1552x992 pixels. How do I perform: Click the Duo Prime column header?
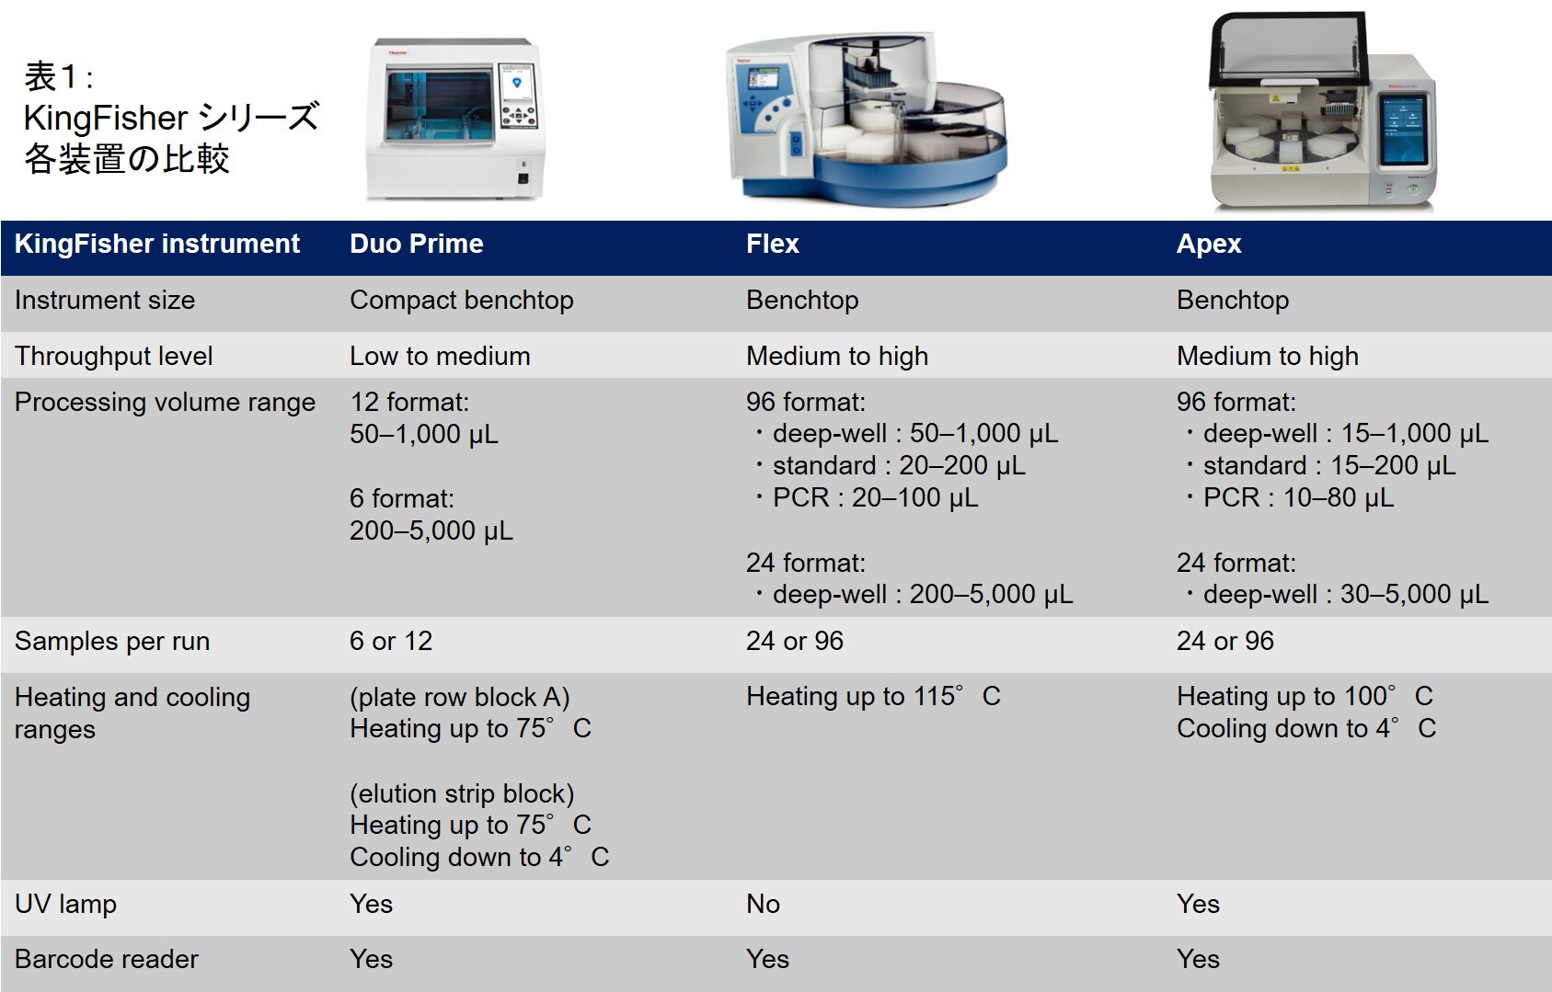click(x=417, y=244)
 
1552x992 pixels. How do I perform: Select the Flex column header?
click(x=773, y=244)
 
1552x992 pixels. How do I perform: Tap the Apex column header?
click(x=1209, y=245)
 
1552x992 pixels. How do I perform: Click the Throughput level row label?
click(x=114, y=356)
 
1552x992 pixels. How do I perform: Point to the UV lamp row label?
click(x=66, y=904)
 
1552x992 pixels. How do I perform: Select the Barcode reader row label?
click(x=107, y=960)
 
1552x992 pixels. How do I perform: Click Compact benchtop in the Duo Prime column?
click(x=462, y=301)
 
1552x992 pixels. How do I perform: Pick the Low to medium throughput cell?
click(x=440, y=356)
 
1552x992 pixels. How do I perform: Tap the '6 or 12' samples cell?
click(x=391, y=641)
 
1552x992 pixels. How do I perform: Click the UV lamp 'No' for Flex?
click(x=763, y=904)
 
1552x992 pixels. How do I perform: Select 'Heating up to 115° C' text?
click(x=873, y=696)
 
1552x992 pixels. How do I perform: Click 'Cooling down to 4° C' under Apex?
click(x=1306, y=728)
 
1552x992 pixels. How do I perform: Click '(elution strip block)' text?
click(x=462, y=794)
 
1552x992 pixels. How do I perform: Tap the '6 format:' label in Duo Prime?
click(x=402, y=498)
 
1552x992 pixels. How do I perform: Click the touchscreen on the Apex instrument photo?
click(x=1404, y=131)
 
